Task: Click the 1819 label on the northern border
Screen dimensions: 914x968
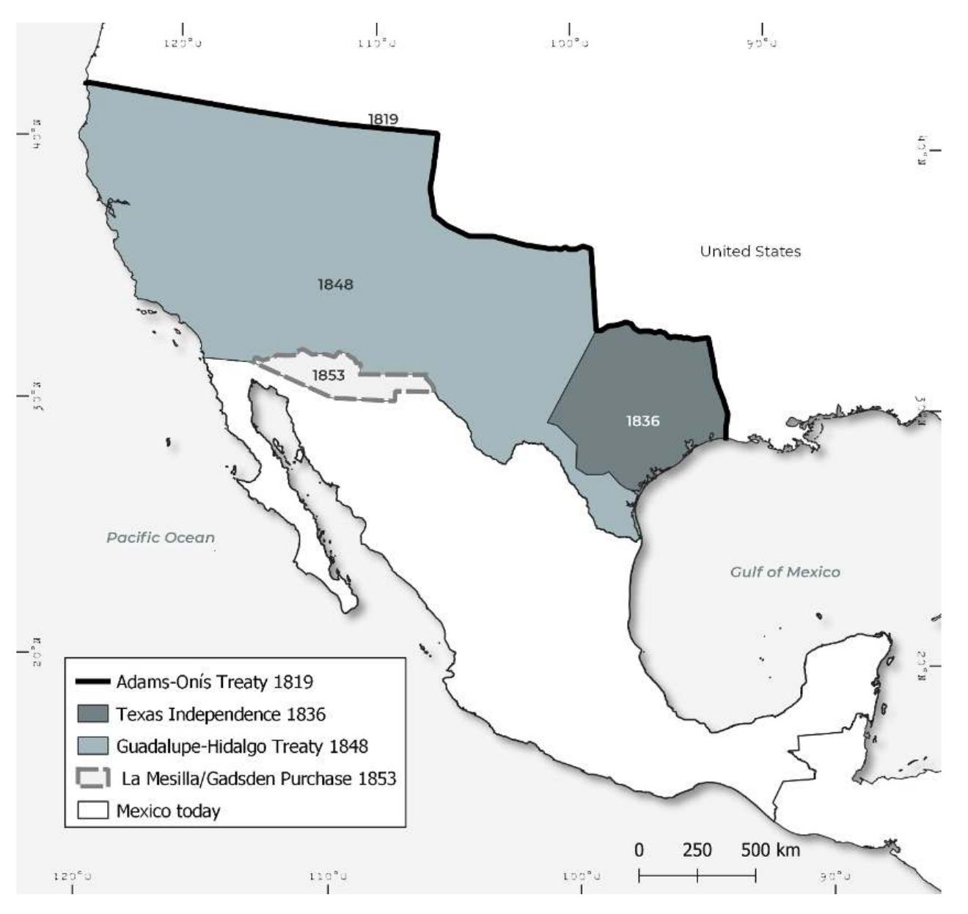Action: click(x=383, y=119)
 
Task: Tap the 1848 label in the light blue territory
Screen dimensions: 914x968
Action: click(x=335, y=284)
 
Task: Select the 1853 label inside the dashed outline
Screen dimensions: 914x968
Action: click(x=328, y=375)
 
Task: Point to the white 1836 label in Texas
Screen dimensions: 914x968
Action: click(x=642, y=421)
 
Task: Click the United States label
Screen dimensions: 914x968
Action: click(x=750, y=251)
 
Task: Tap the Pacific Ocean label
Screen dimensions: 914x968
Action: click(x=161, y=537)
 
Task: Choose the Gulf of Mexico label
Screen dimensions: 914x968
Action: click(x=785, y=572)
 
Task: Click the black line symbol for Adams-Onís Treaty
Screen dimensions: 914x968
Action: click(x=93, y=681)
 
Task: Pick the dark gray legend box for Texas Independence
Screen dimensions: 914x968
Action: click(x=93, y=713)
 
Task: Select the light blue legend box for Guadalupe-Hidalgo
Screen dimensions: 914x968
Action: click(x=93, y=746)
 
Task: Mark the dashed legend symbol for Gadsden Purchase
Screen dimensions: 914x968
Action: click(x=93, y=778)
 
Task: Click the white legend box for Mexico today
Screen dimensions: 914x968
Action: click(x=93, y=811)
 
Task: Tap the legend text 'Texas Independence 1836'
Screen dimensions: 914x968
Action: click(x=221, y=714)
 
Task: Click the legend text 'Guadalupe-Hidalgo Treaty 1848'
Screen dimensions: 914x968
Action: click(x=242, y=746)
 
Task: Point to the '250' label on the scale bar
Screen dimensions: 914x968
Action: click(x=697, y=850)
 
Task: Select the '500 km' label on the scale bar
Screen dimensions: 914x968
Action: click(x=770, y=850)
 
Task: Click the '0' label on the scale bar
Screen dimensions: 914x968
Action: click(x=639, y=850)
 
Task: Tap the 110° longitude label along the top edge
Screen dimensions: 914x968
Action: click(x=377, y=43)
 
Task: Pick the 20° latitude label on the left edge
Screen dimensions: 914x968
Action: click(x=36, y=650)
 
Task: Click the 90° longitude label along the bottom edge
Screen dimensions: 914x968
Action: click(x=835, y=876)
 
